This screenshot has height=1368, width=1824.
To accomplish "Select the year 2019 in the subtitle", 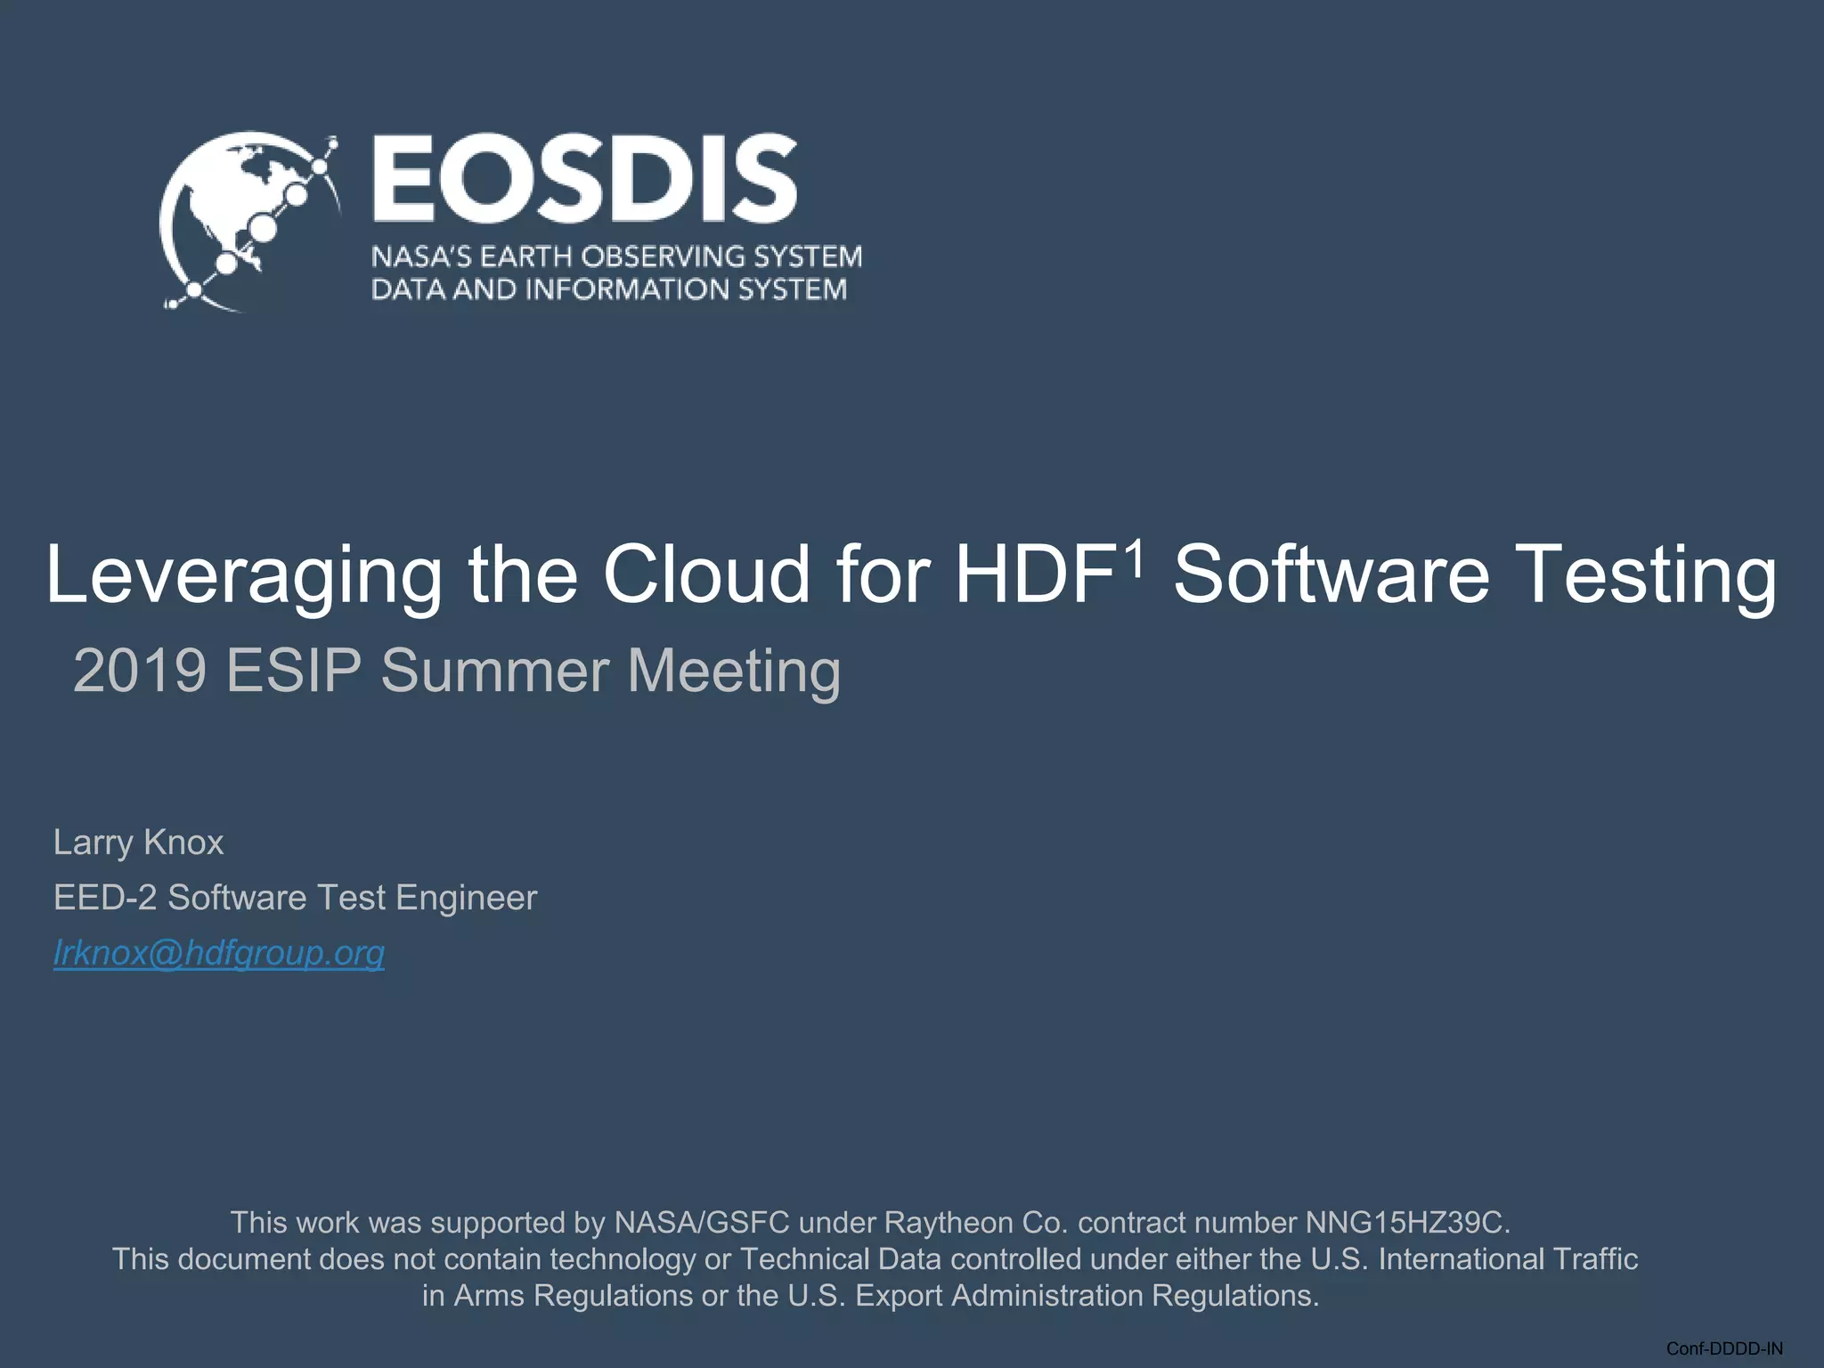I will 141,670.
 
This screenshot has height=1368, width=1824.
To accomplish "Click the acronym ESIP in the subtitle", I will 294,670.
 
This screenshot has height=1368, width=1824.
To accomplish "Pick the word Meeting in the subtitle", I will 734,672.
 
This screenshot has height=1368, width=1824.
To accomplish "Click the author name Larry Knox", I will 138,843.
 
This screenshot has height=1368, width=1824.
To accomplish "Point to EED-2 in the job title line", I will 105,898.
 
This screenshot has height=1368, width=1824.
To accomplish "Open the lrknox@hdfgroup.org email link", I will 219,953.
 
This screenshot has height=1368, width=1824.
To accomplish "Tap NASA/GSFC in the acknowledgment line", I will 702,1223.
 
